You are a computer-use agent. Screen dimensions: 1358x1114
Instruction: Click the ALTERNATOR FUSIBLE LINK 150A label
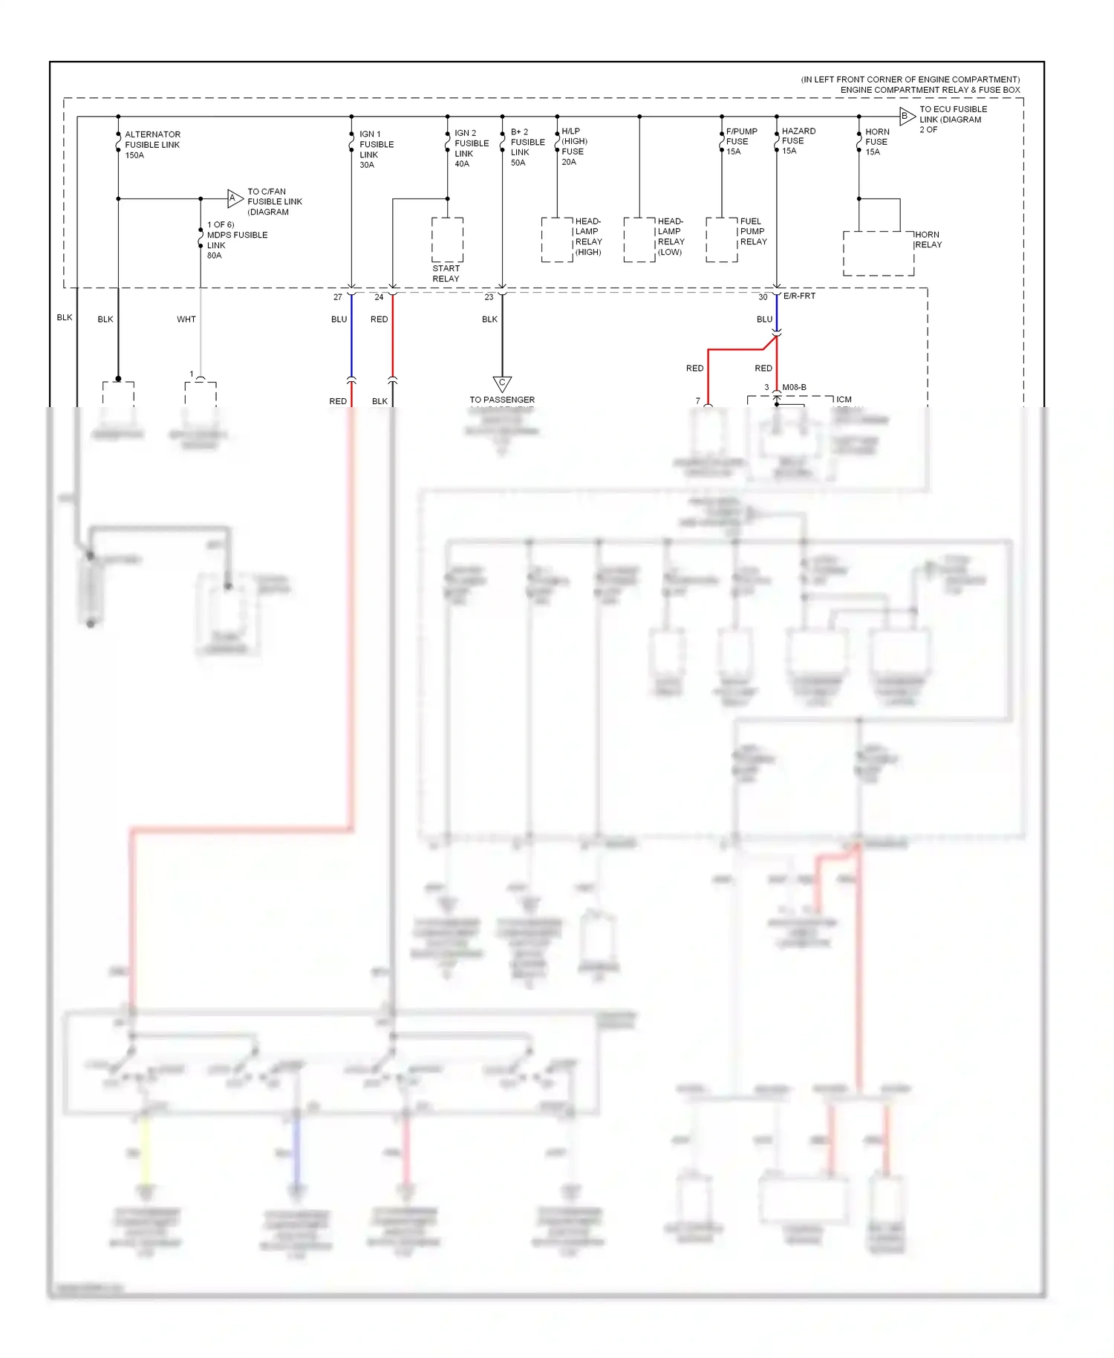coord(152,145)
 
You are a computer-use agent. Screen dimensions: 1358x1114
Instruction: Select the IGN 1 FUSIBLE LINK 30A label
coord(376,149)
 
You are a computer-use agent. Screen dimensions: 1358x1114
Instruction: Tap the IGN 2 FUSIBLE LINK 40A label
coord(471,149)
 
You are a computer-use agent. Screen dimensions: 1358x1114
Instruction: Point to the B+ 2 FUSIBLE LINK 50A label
coord(527,147)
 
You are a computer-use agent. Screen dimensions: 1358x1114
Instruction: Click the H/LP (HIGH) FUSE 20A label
coord(573,146)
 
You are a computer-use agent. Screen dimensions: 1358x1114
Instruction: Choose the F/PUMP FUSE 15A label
coord(740,141)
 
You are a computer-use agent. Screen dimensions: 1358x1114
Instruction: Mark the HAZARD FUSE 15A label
coord(798,140)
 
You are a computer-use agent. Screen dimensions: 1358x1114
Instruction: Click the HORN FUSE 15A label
coord(876,142)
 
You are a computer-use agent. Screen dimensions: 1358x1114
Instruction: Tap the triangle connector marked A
coord(235,198)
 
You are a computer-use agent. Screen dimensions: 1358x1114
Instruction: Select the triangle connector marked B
coord(906,116)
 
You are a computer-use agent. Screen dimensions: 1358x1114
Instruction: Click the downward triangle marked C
coord(502,384)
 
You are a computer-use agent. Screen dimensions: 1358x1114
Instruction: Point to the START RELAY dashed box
coord(447,239)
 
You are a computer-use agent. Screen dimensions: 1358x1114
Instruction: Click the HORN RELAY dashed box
coord(878,253)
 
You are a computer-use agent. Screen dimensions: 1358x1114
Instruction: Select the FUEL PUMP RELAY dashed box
coord(721,239)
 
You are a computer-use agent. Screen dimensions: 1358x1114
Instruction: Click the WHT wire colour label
coord(186,319)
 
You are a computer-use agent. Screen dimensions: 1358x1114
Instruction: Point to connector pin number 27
coord(338,297)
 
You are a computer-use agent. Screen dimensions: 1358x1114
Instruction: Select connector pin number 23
coord(489,297)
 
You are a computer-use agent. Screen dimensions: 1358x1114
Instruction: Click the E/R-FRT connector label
coord(799,296)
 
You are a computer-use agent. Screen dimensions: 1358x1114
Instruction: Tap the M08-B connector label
coord(794,387)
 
